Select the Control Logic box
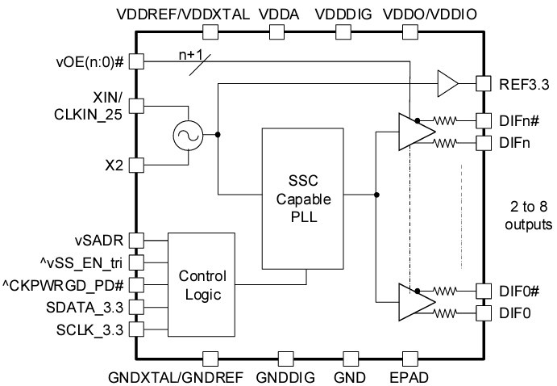pyautogui.click(x=201, y=285)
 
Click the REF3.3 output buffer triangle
pyautogui.click(x=447, y=82)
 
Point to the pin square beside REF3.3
pyautogui.click(x=483, y=82)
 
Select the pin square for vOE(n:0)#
pyautogui.click(x=136, y=61)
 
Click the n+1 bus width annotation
pyautogui.click(x=191, y=56)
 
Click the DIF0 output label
pyautogui.click(x=513, y=313)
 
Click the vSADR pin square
pyautogui.click(x=136, y=240)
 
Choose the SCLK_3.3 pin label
pyautogui.click(x=90, y=329)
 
